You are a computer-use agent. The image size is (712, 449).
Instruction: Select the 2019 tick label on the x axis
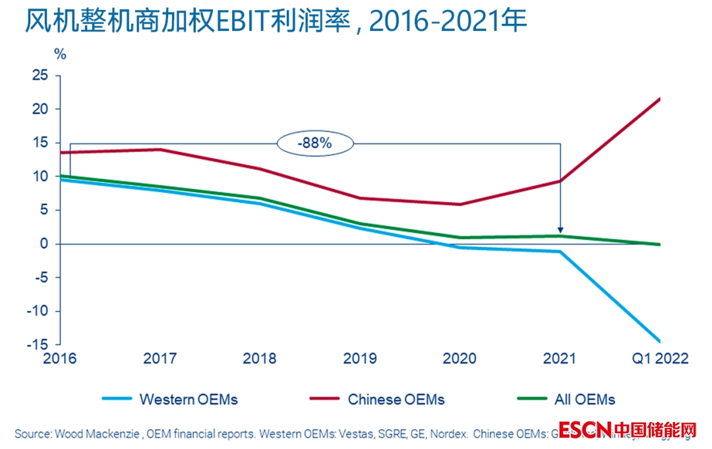point(360,359)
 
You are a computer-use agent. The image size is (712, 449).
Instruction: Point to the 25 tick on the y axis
point(41,75)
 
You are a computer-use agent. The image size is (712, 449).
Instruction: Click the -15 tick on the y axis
point(38,345)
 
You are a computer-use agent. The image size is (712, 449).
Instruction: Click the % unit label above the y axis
point(60,55)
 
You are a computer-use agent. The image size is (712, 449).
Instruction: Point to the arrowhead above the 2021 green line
point(560,230)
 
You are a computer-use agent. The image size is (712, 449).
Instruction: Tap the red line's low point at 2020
point(460,204)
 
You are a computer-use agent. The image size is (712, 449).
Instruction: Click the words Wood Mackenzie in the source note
point(98,434)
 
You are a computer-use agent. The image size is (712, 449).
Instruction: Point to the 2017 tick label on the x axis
point(160,359)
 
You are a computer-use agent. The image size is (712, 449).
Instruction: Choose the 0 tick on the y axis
point(44,244)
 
